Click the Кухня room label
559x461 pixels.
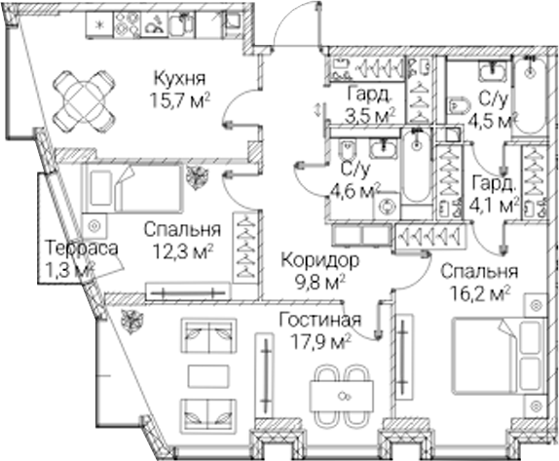(x=180, y=79)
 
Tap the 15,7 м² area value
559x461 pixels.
(x=178, y=101)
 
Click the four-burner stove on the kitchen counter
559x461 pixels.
(x=128, y=24)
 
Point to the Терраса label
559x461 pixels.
(x=82, y=249)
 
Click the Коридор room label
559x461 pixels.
(x=319, y=261)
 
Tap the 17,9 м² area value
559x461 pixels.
(x=320, y=342)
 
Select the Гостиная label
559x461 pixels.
(x=319, y=320)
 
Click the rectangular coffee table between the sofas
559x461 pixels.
(x=208, y=376)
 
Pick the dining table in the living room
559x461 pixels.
(x=342, y=396)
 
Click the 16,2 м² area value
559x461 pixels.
(x=480, y=294)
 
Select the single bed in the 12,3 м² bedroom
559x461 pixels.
(x=133, y=189)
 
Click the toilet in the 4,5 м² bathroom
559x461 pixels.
(x=458, y=105)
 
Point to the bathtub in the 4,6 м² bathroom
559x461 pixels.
(x=415, y=166)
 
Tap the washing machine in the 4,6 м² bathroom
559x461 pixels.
(x=387, y=207)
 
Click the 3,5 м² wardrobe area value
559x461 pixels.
(x=370, y=115)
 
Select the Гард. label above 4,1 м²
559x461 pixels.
(x=495, y=184)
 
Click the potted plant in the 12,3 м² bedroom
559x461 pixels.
(x=197, y=176)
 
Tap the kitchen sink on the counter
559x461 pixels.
(x=182, y=24)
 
